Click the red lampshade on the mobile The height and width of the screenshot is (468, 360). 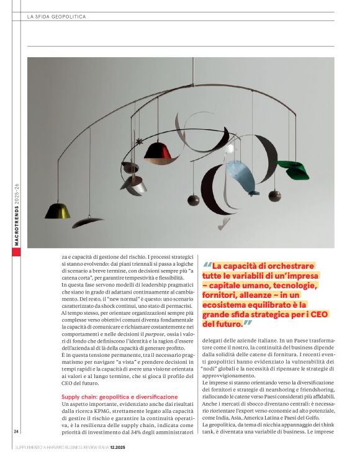coord(158,150)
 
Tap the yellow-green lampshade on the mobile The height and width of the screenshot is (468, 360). coord(57,210)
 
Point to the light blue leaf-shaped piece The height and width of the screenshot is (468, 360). coord(241,175)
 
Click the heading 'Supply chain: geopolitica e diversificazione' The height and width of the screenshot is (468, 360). coord(119,396)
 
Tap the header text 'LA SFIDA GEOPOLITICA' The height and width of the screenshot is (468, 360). coord(56,17)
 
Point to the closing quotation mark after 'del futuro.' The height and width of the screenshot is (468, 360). coord(247,323)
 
